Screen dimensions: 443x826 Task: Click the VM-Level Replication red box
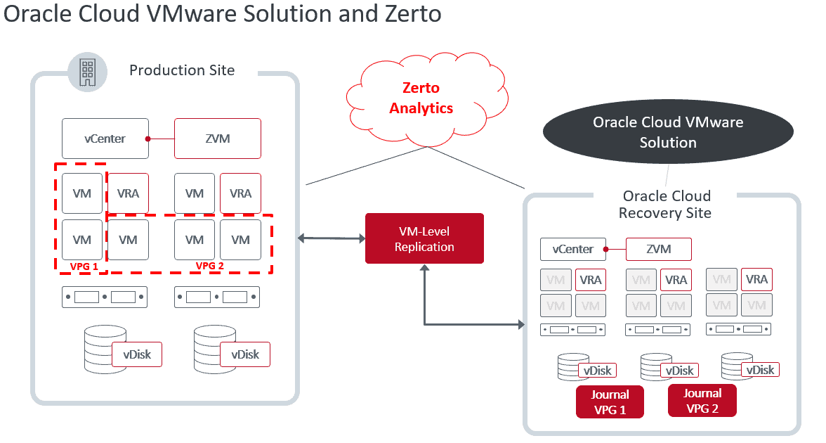pyautogui.click(x=424, y=238)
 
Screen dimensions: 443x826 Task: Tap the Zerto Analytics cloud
pyautogui.click(x=421, y=98)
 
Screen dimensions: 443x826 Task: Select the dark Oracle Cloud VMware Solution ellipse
pyautogui.click(x=667, y=132)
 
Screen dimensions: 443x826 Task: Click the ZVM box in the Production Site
pyautogui.click(x=218, y=139)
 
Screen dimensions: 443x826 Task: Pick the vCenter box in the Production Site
pyautogui.click(x=105, y=139)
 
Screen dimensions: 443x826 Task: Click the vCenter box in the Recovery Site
pyautogui.click(x=573, y=249)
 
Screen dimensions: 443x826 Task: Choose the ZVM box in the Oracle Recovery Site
pyautogui.click(x=658, y=249)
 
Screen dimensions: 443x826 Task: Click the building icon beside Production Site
pyautogui.click(x=87, y=72)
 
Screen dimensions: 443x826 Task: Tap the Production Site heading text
pyautogui.click(x=182, y=70)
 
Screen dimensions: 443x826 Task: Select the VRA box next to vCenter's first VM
pyautogui.click(x=128, y=193)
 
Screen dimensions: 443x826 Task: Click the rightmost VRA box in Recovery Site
pyautogui.click(x=756, y=279)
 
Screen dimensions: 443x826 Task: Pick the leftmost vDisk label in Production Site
pyautogui.click(x=137, y=354)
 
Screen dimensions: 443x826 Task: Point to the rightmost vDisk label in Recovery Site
pyautogui.click(x=760, y=370)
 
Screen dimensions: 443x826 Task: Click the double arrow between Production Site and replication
pyautogui.click(x=329, y=238)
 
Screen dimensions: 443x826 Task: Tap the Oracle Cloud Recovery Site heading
pyautogui.click(x=667, y=204)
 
